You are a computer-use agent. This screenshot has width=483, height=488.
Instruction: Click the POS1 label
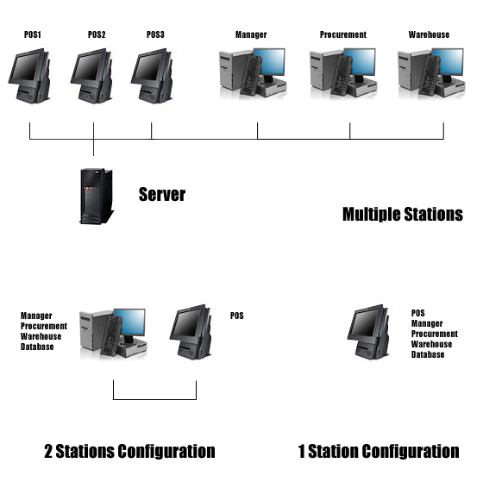[33, 34]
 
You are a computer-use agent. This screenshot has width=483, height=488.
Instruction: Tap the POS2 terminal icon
[91, 76]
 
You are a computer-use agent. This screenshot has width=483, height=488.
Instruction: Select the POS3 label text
[155, 34]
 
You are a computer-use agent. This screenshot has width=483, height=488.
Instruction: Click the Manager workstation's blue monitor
[269, 61]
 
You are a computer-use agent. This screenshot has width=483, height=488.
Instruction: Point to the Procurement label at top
[343, 34]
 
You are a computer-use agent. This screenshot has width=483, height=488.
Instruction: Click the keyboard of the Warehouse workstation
[430, 75]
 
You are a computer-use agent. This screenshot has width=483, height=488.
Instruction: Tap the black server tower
[97, 196]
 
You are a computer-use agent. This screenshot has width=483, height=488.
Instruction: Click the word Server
[162, 194]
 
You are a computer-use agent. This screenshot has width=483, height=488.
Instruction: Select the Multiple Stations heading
[403, 214]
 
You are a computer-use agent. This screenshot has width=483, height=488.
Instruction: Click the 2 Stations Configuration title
[129, 451]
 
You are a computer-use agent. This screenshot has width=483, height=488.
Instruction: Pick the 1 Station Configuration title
[379, 451]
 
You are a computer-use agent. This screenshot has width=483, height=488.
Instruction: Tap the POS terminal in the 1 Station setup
[368, 332]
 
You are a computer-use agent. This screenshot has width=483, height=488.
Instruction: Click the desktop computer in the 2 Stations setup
[113, 333]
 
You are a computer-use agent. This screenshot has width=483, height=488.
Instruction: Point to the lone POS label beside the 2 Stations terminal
[236, 316]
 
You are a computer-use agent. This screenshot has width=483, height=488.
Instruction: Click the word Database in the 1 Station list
[428, 354]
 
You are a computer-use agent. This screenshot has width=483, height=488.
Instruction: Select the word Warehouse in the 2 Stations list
[41, 336]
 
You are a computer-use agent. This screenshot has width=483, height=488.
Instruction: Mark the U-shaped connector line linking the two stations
[154, 399]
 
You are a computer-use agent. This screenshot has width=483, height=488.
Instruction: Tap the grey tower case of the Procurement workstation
[322, 71]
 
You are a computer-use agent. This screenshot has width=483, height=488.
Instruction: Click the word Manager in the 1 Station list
[427, 323]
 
